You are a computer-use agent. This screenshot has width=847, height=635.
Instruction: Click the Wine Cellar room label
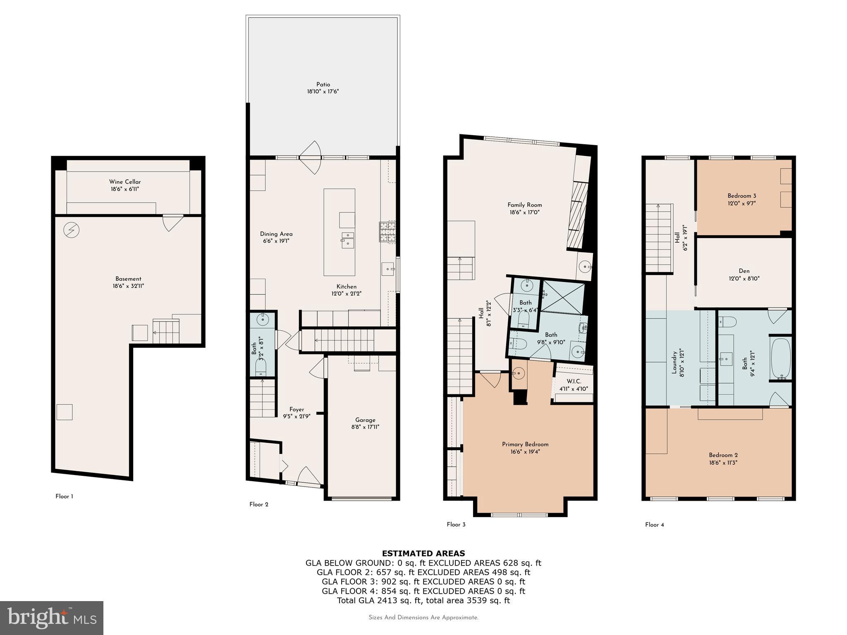[x=125, y=182]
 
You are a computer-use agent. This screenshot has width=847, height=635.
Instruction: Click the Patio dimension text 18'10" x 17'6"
[x=323, y=91]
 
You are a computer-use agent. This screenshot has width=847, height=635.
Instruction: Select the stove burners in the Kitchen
[x=387, y=232]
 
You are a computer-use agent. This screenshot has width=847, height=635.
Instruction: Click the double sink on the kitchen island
[x=347, y=240]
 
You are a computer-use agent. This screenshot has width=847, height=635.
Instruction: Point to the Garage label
[x=365, y=420]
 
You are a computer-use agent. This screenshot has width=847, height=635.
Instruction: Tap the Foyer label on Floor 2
[x=297, y=409]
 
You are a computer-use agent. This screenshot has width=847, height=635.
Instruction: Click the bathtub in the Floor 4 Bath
[x=780, y=358]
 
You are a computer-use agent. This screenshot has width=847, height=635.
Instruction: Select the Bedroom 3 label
[x=742, y=196]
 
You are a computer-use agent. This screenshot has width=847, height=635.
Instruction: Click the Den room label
[x=744, y=271]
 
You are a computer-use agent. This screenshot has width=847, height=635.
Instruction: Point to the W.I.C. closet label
[x=574, y=381]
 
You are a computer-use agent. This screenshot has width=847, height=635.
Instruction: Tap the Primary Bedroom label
[x=525, y=444]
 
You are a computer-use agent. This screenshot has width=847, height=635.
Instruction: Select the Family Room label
[x=524, y=205]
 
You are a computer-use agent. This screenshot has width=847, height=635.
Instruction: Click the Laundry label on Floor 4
[x=674, y=363]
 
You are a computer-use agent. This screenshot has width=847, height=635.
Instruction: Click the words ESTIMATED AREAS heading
[x=423, y=554]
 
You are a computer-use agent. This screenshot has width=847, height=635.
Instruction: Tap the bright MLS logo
[x=52, y=618]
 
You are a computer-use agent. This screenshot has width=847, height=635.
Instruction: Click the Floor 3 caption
[x=456, y=525]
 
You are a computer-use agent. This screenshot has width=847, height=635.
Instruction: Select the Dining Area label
[x=276, y=234]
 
